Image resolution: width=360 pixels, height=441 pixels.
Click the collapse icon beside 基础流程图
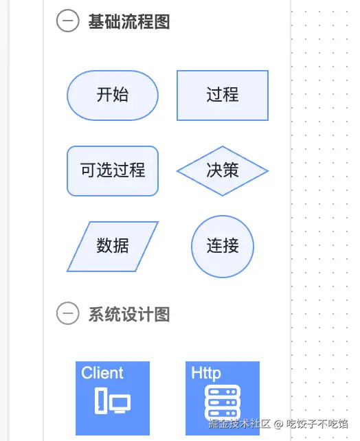[x=68, y=21]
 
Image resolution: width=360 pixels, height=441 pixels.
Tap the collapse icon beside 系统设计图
[x=68, y=313]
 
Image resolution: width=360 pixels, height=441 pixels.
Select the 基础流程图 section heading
[x=129, y=21]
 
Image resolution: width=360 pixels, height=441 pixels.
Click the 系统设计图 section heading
[x=129, y=314]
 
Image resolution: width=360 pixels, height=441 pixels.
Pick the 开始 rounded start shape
[x=113, y=95]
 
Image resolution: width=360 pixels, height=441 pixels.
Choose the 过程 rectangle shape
[x=223, y=95]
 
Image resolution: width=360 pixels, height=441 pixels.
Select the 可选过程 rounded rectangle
[x=113, y=171]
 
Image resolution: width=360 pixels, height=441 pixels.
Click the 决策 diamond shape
[x=223, y=171]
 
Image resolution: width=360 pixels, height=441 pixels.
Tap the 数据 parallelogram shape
[x=113, y=247]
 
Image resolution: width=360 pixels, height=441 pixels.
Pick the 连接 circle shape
[x=223, y=247]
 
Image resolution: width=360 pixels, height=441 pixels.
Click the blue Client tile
[x=113, y=398]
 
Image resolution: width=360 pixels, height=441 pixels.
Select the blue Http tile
[x=223, y=398]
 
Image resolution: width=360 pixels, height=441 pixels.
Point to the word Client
[x=102, y=373]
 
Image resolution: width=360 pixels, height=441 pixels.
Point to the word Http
[x=206, y=374]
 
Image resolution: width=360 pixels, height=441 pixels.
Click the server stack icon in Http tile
[x=223, y=403]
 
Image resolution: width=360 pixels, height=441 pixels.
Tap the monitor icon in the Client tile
[x=120, y=404]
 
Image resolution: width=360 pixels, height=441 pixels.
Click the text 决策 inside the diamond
[x=223, y=170]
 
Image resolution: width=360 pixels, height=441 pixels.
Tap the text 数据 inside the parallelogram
[x=113, y=245]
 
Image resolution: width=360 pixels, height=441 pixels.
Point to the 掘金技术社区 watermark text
[x=240, y=424]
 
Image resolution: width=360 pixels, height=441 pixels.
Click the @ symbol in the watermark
[x=278, y=424]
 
